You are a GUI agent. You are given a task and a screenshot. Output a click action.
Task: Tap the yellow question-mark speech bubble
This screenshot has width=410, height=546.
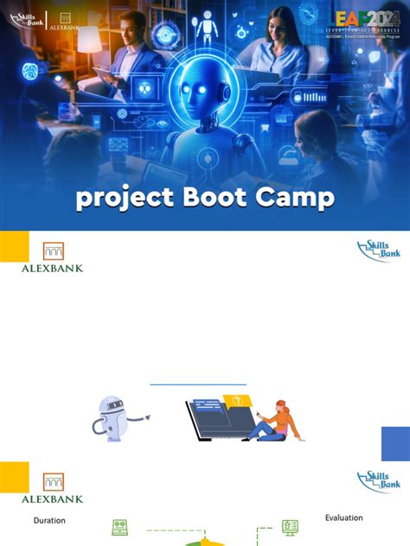click(x=235, y=399)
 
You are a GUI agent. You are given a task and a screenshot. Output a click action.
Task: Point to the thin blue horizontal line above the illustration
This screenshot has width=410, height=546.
click(x=198, y=384)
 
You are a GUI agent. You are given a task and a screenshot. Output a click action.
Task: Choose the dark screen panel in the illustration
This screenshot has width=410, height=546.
click(x=216, y=422)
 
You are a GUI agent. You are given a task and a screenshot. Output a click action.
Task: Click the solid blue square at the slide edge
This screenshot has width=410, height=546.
click(x=395, y=444)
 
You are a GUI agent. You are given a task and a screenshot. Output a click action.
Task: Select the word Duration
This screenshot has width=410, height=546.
click(x=49, y=521)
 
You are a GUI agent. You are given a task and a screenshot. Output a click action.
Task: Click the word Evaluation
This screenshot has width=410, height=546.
click(x=344, y=517)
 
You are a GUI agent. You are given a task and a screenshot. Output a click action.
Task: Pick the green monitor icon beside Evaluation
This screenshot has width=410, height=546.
click(x=290, y=526)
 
